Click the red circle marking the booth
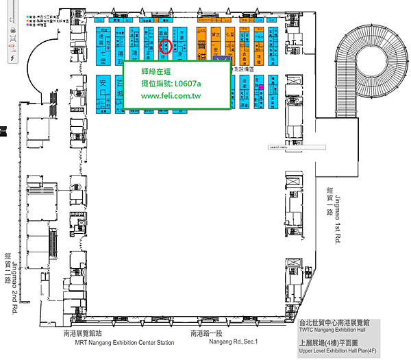pyautogui.click(x=164, y=47)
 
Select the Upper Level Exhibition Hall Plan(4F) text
pyautogui.click(x=336, y=350)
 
